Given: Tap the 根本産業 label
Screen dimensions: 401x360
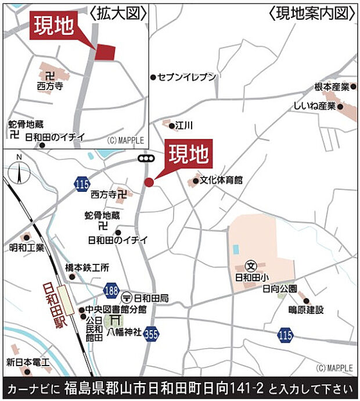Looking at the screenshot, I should pyautogui.click(x=332, y=87).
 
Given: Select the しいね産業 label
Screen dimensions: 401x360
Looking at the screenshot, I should pyautogui.click(x=315, y=106).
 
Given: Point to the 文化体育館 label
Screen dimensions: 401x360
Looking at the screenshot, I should pyautogui.click(x=222, y=181).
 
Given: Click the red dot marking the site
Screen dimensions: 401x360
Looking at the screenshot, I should pyautogui.click(x=149, y=182).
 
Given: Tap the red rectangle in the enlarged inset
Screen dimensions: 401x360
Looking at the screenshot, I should pyautogui.click(x=105, y=52).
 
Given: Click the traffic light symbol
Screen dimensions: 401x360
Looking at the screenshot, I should pyautogui.click(x=146, y=158).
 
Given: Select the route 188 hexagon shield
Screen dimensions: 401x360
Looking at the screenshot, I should pyautogui.click(x=111, y=289).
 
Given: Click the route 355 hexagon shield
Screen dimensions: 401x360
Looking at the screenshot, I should pyautogui.click(x=152, y=334).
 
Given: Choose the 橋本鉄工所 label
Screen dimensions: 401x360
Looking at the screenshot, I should pyautogui.click(x=87, y=268).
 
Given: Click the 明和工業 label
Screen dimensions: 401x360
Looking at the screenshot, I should pyautogui.click(x=27, y=248).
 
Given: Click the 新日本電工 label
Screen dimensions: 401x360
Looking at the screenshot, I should pyautogui.click(x=28, y=363).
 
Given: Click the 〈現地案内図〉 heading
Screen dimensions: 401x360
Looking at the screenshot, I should pyautogui.click(x=311, y=12).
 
